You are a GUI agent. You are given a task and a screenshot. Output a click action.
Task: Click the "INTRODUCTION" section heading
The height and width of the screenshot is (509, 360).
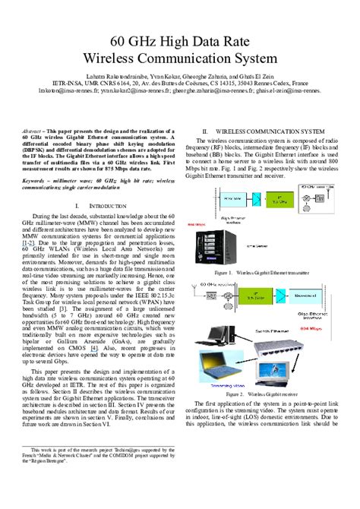pos(103,206)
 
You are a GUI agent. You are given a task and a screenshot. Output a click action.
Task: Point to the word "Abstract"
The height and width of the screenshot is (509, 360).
pos(34,131)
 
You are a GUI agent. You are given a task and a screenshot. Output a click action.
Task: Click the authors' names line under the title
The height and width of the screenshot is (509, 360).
pos(180,81)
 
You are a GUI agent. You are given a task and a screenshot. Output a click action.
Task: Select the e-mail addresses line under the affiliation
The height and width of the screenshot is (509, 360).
pos(180,98)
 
